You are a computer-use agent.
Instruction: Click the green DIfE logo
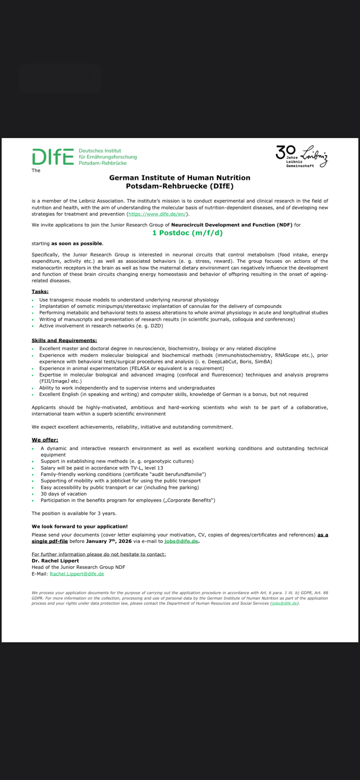coord(53,157)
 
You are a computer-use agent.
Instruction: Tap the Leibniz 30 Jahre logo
coord(301,156)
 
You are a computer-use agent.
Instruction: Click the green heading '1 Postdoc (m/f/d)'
coord(187,233)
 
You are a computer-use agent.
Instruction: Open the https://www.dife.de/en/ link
coord(158,214)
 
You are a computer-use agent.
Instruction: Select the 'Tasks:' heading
coord(40,291)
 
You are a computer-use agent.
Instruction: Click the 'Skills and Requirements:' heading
coord(64,340)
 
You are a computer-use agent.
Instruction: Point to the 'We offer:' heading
coord(45,440)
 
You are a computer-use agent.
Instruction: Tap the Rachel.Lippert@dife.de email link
coord(77,574)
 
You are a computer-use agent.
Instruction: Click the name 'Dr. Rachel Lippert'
coord(55,561)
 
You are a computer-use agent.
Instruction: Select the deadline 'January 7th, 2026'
coord(109,541)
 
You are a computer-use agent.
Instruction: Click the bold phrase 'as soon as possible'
coord(77,243)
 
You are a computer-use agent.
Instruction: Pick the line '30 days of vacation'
coord(64,494)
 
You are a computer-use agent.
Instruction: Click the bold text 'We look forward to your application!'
coord(80,526)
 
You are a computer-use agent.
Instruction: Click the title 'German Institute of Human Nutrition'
coord(180,178)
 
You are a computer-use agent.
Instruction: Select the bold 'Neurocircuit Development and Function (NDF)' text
coord(232,225)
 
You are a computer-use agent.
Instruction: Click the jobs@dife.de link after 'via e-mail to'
coord(181,541)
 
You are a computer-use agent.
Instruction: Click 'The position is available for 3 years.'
coord(74,513)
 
